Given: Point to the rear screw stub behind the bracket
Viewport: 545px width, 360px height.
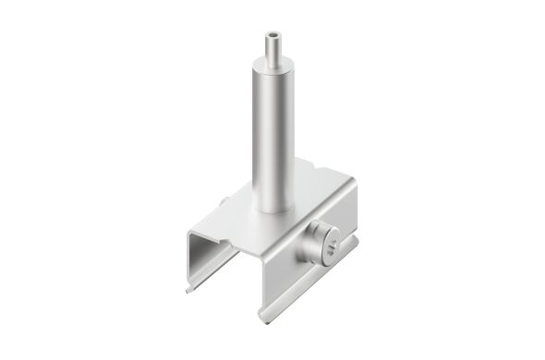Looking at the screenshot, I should click(225, 204).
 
